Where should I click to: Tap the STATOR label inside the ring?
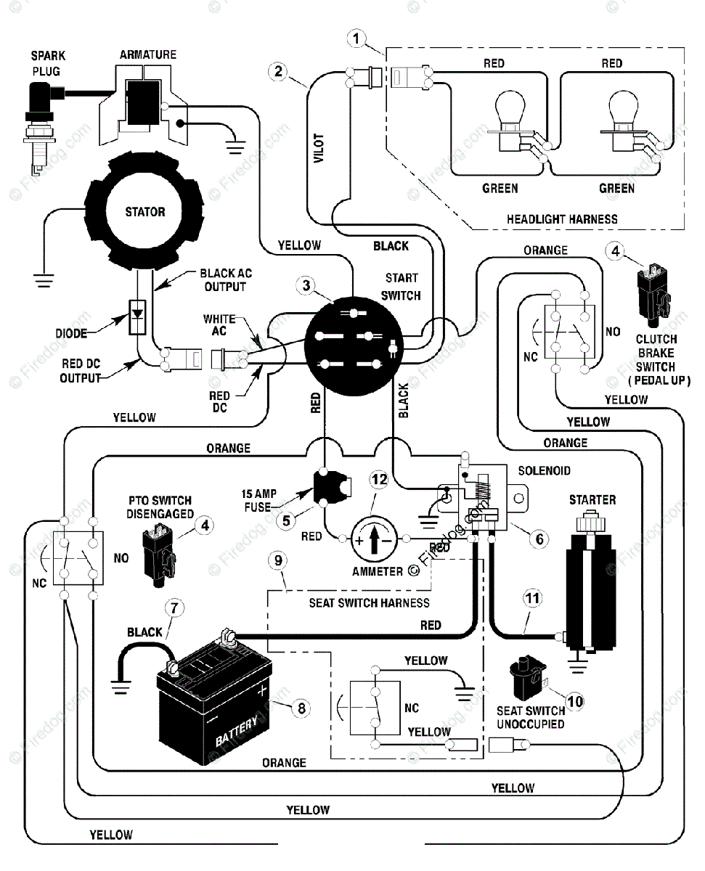(x=145, y=212)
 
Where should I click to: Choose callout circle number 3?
(x=307, y=285)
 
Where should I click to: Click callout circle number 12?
(x=379, y=479)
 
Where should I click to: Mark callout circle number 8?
(x=296, y=707)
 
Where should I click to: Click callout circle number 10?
(x=575, y=701)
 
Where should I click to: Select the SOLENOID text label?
(x=541, y=470)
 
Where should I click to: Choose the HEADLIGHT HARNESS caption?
(x=562, y=218)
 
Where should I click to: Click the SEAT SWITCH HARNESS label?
(x=369, y=602)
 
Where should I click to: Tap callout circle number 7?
(x=172, y=608)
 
